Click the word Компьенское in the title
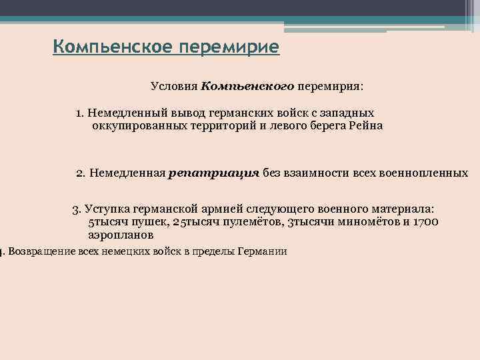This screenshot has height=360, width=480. click(108, 48)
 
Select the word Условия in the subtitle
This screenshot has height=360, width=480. click(174, 87)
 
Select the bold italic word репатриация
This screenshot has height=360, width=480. click(214, 173)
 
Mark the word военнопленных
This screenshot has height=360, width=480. click(423, 173)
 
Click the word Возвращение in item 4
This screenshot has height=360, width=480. click(41, 252)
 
